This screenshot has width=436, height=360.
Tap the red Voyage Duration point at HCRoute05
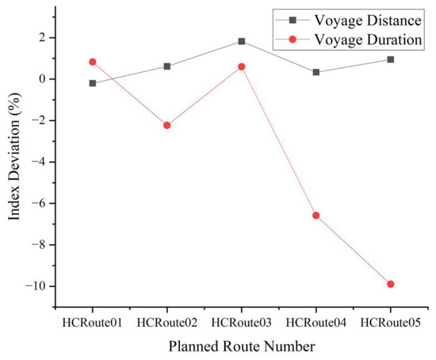click(391, 284)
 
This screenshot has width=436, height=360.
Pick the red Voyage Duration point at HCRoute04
click(316, 215)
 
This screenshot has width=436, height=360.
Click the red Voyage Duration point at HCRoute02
click(167, 125)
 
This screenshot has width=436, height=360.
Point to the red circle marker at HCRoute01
click(93, 62)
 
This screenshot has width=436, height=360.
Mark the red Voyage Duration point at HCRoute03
click(242, 67)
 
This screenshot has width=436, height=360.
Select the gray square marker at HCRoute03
click(242, 41)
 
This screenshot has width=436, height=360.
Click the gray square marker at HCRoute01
click(93, 83)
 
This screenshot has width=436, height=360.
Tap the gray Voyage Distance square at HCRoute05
click(391, 59)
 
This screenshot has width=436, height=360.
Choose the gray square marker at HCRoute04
click(316, 72)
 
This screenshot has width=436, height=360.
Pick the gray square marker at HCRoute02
click(167, 67)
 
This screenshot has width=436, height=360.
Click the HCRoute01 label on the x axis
click(93, 322)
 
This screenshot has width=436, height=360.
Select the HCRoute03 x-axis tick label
click(242, 322)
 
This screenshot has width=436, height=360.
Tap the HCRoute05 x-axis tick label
click(391, 322)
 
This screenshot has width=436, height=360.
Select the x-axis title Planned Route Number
click(241, 347)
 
